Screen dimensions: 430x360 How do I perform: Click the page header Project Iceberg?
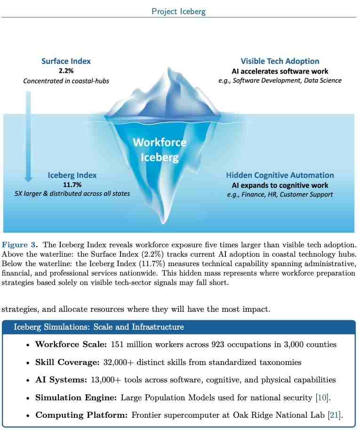[178, 11]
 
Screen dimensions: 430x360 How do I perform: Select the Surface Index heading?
[66, 61]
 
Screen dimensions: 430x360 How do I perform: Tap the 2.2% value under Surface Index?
[66, 71]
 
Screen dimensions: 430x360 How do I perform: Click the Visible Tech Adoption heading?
[280, 61]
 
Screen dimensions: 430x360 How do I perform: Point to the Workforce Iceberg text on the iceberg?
[160, 149]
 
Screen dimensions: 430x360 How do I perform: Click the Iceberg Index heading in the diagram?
[72, 175]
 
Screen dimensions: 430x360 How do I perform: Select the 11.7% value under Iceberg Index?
[72, 185]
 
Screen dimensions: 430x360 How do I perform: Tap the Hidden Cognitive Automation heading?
[280, 175]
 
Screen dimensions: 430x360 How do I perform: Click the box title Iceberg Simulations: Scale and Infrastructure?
[99, 327]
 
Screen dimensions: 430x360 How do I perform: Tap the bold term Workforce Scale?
[71, 344]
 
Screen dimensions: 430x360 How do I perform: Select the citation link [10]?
[323, 398]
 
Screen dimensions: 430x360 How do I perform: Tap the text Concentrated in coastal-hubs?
[66, 81]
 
